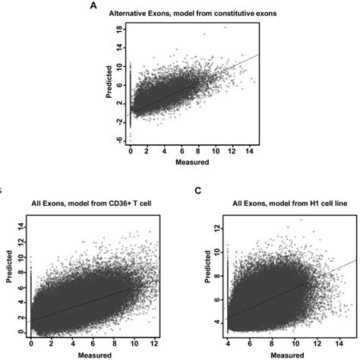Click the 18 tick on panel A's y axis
118,27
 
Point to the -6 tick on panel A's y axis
118,140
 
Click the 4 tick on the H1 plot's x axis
226,344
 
